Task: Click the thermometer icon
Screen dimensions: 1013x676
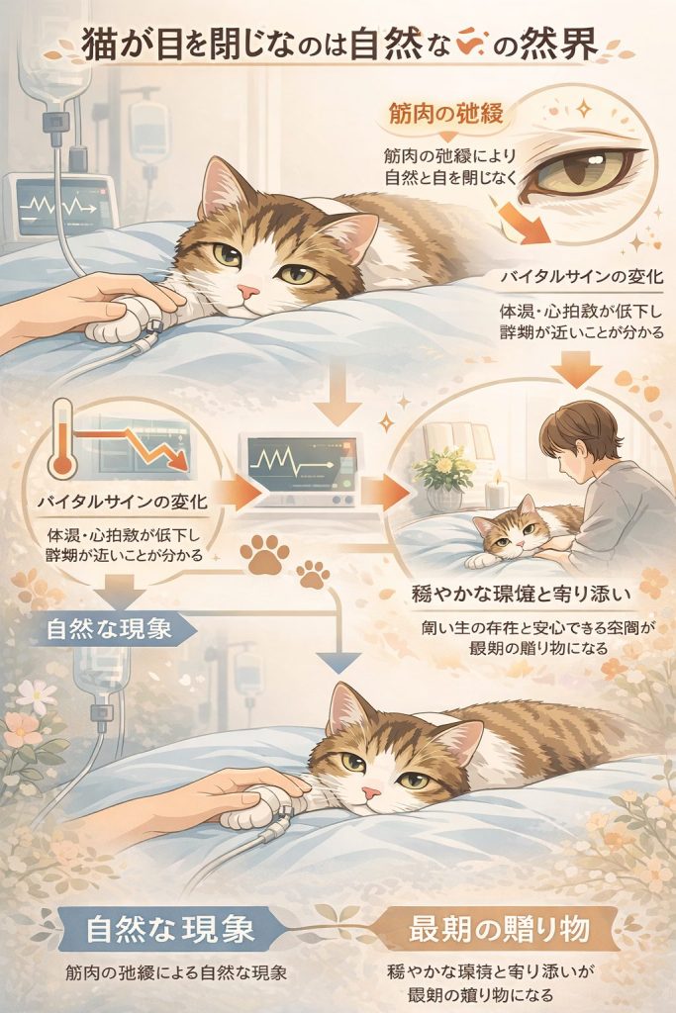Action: point(62,440)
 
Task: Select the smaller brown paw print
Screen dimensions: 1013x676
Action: point(313,573)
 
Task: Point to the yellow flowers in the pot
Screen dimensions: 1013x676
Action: point(444,464)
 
